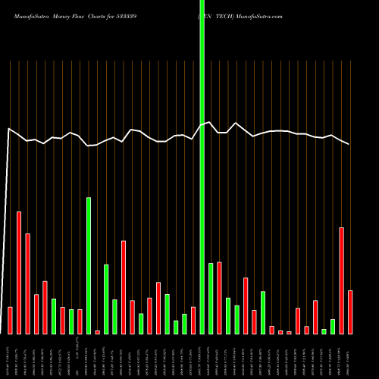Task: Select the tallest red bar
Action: (x=19, y=273)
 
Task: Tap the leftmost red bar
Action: (x=10, y=321)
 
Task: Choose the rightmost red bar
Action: (x=350, y=312)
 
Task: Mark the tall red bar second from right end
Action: (x=342, y=280)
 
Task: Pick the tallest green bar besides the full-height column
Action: (x=89, y=265)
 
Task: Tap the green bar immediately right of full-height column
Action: (x=211, y=299)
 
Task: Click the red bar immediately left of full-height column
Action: (x=193, y=321)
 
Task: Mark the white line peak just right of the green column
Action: (x=209, y=122)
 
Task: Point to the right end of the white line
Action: (x=349, y=144)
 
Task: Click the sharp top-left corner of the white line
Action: (x=8, y=129)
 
